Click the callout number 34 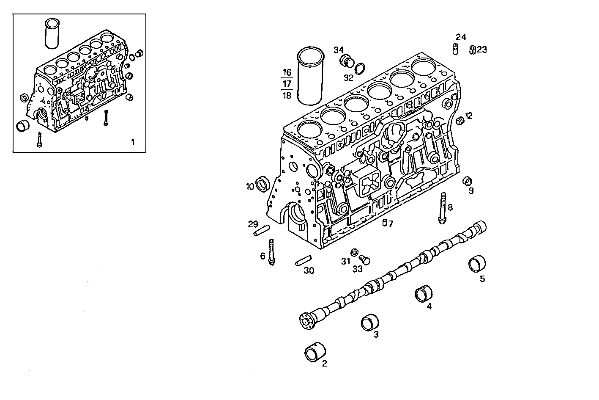[339, 50]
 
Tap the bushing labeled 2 [315, 352]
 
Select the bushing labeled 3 [370, 322]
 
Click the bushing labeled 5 [477, 264]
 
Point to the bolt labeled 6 [271, 252]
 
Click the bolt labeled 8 [443, 207]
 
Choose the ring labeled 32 [360, 68]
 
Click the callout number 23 [482, 50]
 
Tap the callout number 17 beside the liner [287, 83]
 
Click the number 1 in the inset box [132, 142]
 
